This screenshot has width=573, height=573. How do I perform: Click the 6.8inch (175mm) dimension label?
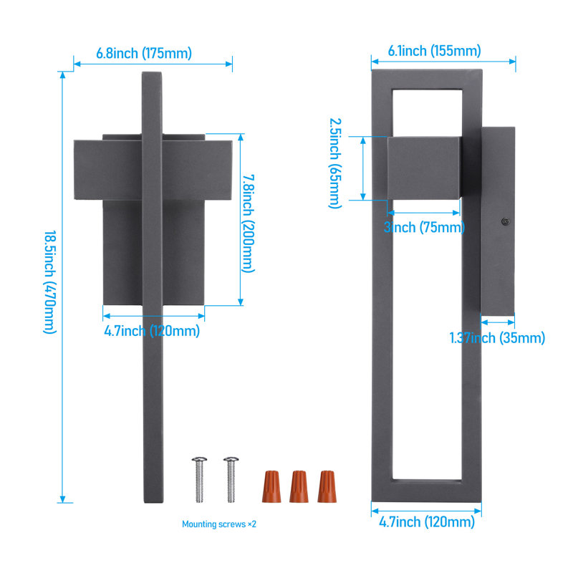pyautogui.click(x=144, y=53)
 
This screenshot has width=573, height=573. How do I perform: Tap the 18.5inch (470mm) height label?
pyautogui.click(x=50, y=281)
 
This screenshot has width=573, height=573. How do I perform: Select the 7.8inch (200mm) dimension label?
pyautogui.click(x=249, y=223)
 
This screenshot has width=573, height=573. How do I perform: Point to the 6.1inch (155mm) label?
pyautogui.click(x=434, y=51)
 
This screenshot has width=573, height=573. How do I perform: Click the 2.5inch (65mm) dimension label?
pyautogui.click(x=335, y=163)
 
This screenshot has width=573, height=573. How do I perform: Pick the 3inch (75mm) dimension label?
pyautogui.click(x=424, y=227)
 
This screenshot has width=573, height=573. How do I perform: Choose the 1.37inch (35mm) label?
pyautogui.click(x=497, y=337)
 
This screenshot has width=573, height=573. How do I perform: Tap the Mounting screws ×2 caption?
pyautogui.click(x=219, y=524)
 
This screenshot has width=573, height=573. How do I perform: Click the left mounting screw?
pyautogui.click(x=199, y=479)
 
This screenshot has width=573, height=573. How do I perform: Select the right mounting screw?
pyautogui.click(x=231, y=479)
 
